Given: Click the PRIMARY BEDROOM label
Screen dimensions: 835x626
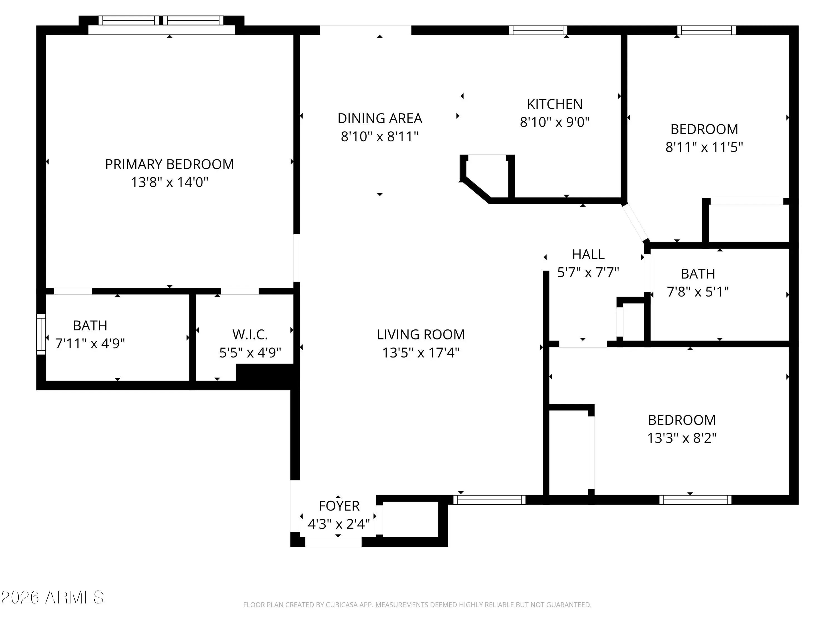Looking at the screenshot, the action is click(170, 164).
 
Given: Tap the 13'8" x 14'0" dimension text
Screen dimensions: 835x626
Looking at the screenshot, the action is click(170, 182).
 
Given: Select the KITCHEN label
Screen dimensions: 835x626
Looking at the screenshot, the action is click(554, 104).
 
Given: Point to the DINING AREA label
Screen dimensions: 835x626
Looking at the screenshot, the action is click(380, 119).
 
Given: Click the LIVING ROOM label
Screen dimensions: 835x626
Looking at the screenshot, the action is click(421, 335).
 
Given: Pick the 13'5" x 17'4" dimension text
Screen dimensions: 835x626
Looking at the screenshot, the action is click(421, 353).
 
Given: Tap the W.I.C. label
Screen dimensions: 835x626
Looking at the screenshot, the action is click(250, 335).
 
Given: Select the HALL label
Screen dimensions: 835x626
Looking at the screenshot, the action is click(588, 255).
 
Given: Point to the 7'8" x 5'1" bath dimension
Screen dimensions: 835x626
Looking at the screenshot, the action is click(698, 292).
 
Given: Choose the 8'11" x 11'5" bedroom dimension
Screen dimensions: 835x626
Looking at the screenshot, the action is click(704, 147).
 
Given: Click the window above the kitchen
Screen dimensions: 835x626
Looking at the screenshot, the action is click(538, 30).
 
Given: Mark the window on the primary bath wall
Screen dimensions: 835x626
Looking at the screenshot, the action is click(41, 334).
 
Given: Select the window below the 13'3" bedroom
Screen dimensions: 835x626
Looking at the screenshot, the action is click(695, 500).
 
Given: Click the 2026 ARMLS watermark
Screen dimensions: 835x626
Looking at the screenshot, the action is click(53, 597).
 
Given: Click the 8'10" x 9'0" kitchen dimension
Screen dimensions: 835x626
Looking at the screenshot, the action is click(554, 122).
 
